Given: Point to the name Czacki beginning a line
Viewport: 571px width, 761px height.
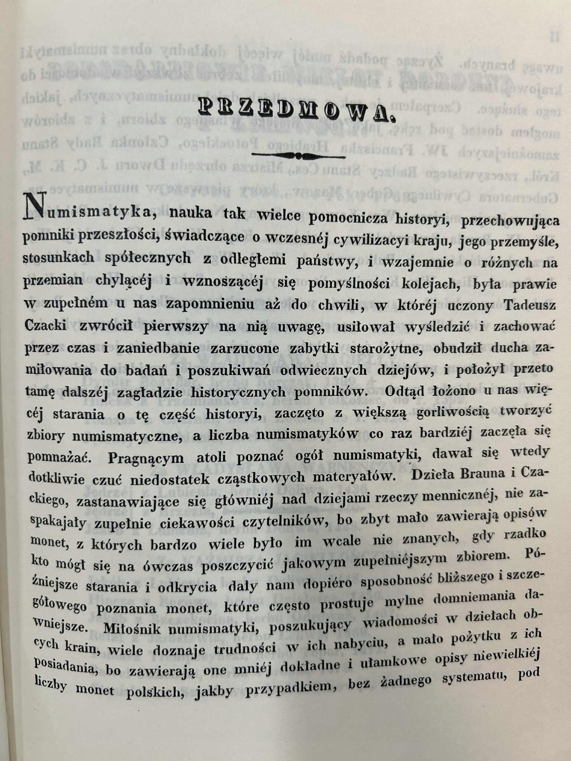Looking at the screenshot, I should pyautogui.click(x=45, y=326).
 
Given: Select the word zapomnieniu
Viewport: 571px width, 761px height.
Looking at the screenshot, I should pyautogui.click(x=210, y=304).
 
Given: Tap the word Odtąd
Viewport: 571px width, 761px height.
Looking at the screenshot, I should pyautogui.click(x=406, y=391).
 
